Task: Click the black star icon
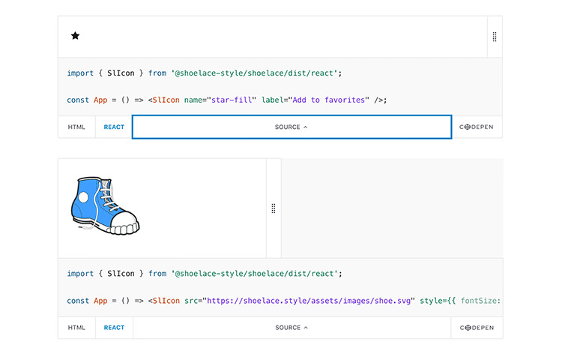pyautogui.click(x=75, y=35)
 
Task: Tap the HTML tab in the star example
pyautogui.click(x=76, y=127)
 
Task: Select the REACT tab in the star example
pyautogui.click(x=114, y=127)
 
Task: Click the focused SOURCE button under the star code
pyautogui.click(x=291, y=127)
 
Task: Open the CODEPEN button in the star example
pyautogui.click(x=477, y=127)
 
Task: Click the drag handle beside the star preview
pyautogui.click(x=495, y=37)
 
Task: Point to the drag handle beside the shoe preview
pyautogui.click(x=274, y=208)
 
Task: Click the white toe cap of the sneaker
pyautogui.click(x=124, y=222)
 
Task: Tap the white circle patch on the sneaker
pyautogui.click(x=83, y=197)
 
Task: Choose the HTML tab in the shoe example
pyautogui.click(x=76, y=328)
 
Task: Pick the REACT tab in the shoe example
pyautogui.click(x=114, y=328)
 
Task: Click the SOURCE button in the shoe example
pyautogui.click(x=291, y=328)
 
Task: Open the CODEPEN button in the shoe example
pyautogui.click(x=477, y=328)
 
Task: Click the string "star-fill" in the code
pyautogui.click(x=232, y=100)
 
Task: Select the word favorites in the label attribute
pyautogui.click(x=345, y=100)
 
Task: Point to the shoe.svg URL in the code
pyautogui.click(x=309, y=301)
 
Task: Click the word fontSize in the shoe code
pyautogui.click(x=478, y=301)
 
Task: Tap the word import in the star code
pyautogui.click(x=80, y=73)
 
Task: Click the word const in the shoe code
pyautogui.click(x=78, y=301)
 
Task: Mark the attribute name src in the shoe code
pyautogui.click(x=191, y=301)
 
